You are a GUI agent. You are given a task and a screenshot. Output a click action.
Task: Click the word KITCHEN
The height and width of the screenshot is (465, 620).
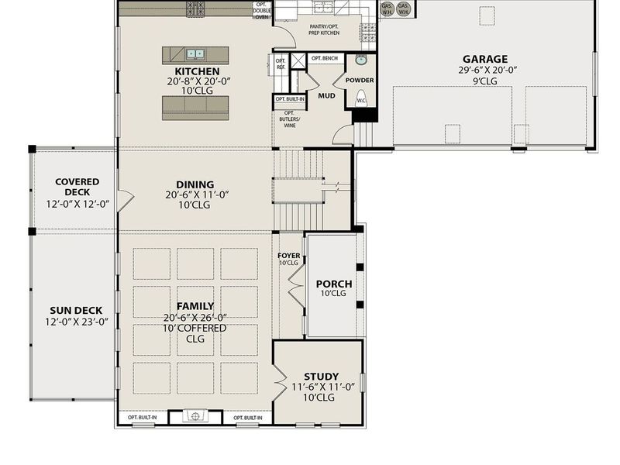point(196,71)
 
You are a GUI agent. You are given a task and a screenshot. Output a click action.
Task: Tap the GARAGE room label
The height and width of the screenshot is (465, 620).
point(484,59)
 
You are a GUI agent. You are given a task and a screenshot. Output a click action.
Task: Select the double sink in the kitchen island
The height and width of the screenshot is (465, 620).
point(193,54)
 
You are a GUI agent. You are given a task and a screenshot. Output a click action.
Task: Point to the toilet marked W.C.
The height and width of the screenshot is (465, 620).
point(361,99)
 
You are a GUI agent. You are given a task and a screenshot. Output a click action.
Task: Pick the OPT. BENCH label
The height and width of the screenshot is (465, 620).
point(325,58)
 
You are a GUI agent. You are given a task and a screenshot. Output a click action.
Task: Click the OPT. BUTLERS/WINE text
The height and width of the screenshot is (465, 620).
point(288,121)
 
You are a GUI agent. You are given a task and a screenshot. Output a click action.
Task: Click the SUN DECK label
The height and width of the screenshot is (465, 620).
point(75,311)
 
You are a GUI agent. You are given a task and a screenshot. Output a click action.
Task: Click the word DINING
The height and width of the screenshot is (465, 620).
point(196,184)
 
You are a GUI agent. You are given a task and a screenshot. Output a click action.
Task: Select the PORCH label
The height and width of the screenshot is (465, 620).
point(334,284)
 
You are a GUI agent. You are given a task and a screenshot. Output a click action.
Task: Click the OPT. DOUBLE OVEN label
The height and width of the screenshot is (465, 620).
point(262,10)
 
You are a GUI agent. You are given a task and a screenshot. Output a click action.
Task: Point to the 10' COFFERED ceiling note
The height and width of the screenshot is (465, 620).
point(195,328)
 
